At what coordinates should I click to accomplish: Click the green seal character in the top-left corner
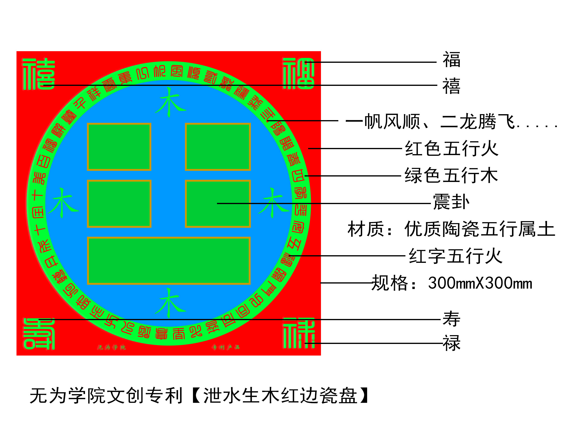point(39,74)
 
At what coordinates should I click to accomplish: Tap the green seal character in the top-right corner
point(299,74)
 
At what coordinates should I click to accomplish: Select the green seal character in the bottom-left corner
point(39,334)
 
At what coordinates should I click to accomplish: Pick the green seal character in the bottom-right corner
point(299,333)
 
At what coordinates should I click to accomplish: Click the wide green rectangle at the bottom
point(169,260)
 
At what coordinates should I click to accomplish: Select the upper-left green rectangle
point(119,147)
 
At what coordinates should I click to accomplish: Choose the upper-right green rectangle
point(218,147)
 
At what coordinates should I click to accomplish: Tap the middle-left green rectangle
point(119,204)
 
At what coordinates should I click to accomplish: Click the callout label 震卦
point(451,202)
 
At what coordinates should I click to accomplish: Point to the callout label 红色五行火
point(452,149)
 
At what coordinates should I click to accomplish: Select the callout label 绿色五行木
point(451,176)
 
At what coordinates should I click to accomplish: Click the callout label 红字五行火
point(455,256)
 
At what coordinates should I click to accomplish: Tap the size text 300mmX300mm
point(480,283)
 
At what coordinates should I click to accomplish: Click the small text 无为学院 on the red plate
point(112,347)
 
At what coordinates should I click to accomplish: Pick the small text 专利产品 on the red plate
point(226,347)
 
